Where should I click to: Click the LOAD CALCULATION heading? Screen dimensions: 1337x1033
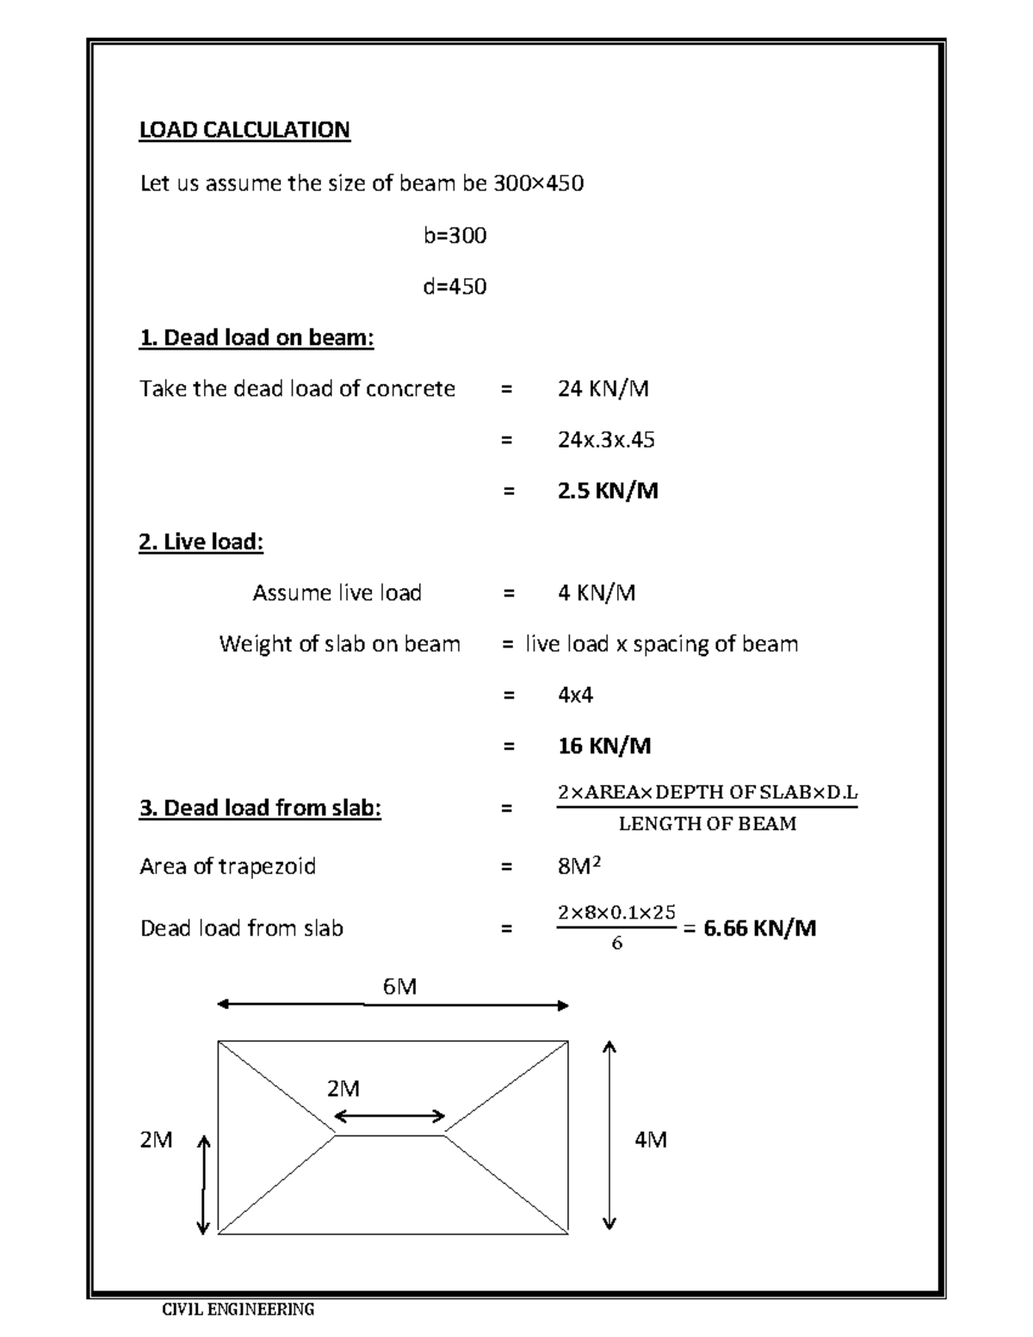(x=244, y=130)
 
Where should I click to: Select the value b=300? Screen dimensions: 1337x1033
(x=455, y=235)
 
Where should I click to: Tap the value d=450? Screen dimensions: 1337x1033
(x=455, y=286)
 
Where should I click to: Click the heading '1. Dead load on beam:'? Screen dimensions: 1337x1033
(x=257, y=337)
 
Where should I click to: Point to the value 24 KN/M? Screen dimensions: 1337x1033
(x=603, y=389)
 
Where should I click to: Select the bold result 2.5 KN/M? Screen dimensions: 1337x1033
(x=608, y=491)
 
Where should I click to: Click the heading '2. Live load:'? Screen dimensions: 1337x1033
(x=201, y=542)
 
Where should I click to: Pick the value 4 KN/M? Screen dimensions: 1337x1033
(x=597, y=592)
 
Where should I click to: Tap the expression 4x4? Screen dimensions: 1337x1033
(x=575, y=695)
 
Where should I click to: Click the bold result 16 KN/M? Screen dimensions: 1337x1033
(x=603, y=746)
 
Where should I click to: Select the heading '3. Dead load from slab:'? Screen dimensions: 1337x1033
(x=260, y=808)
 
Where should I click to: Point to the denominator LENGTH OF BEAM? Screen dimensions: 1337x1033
(x=707, y=824)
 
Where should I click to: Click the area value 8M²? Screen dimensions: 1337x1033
(x=578, y=866)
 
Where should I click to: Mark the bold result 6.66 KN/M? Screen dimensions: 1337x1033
(x=759, y=928)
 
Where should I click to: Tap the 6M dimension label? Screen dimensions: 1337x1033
(x=399, y=987)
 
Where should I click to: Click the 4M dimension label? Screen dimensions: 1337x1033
(x=650, y=1140)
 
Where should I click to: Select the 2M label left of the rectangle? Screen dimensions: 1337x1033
(x=156, y=1140)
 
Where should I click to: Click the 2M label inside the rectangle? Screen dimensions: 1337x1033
(x=343, y=1089)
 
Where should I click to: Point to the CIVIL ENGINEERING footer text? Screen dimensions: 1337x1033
(x=238, y=1309)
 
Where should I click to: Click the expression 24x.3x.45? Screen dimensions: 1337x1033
(x=605, y=440)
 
